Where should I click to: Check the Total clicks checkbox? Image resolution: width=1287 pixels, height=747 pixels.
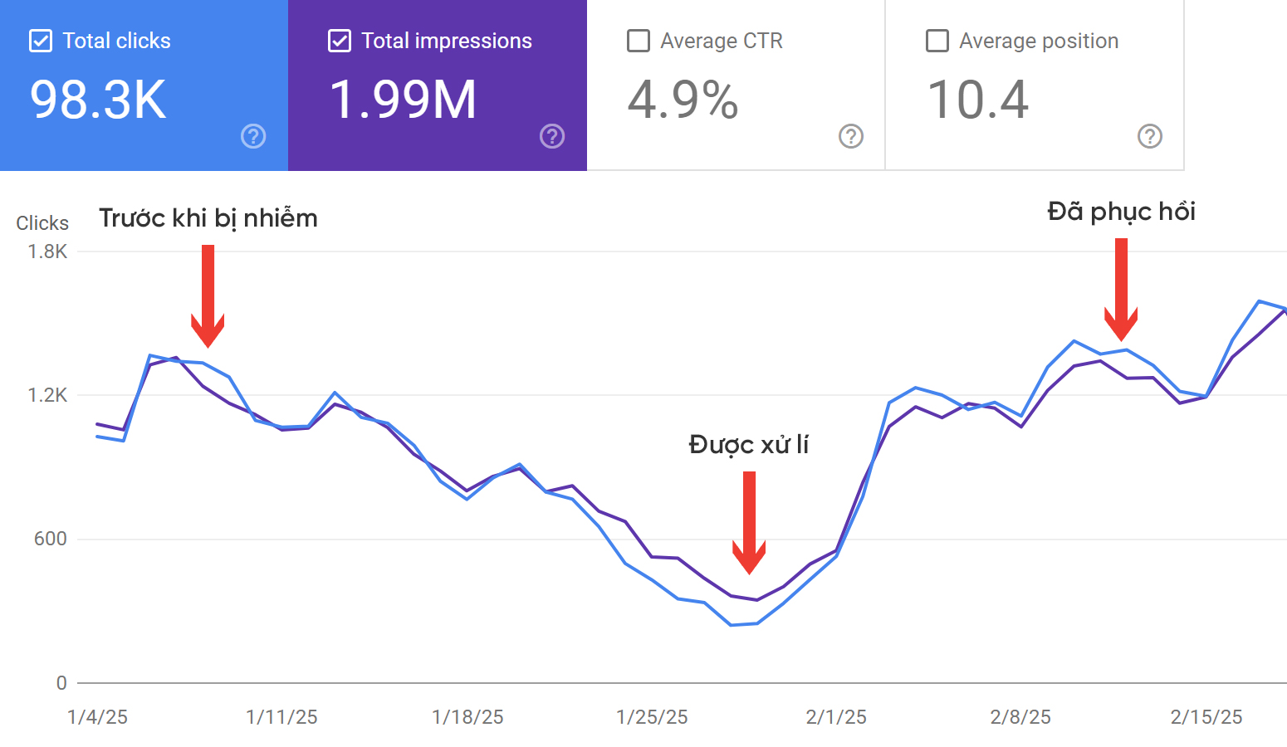(41, 41)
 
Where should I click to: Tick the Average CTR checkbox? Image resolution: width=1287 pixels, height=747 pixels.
(639, 41)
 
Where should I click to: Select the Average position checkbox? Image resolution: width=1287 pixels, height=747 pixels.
(937, 41)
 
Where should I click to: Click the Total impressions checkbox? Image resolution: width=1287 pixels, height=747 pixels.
(340, 41)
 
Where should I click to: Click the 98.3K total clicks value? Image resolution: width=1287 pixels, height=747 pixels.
(98, 100)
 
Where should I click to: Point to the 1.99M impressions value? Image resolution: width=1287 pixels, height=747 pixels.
(403, 100)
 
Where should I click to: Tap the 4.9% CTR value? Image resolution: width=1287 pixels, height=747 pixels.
(683, 100)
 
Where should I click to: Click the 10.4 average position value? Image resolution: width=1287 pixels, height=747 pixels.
(978, 100)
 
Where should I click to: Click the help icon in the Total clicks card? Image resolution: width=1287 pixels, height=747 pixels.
(253, 136)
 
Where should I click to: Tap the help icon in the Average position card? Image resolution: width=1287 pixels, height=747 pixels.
(1150, 136)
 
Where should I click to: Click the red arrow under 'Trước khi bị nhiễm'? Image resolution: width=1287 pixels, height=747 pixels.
(208, 295)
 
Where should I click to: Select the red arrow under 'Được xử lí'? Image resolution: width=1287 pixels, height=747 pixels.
(749, 522)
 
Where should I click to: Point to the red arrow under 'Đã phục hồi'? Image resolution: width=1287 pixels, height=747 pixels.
(1121, 289)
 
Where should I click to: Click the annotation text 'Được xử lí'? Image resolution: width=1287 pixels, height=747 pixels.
(749, 445)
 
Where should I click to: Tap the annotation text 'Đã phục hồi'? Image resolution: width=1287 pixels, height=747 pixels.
(1121, 212)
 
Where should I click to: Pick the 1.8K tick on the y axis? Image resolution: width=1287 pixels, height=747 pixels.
(47, 251)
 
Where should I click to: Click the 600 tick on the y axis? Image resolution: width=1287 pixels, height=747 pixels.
(50, 539)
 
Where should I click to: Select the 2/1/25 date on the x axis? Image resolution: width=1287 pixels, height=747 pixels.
(836, 717)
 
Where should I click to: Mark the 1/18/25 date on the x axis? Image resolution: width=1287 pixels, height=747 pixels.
(467, 717)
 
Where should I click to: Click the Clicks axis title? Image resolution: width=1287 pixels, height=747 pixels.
(42, 223)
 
